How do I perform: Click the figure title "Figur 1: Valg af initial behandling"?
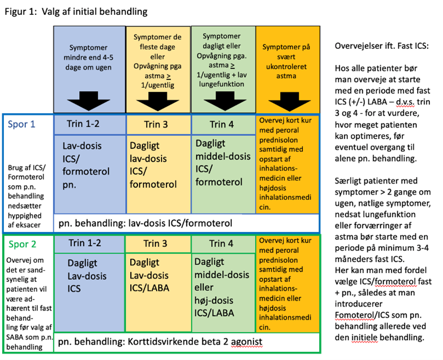coord(76,12)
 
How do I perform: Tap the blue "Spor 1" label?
coord(21,124)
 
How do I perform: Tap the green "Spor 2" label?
coord(23,244)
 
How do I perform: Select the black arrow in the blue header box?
coord(88,101)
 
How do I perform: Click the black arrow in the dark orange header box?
coord(290,102)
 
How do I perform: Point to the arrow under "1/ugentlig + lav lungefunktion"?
coord(225,101)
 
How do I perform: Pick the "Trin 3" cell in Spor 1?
coord(159,125)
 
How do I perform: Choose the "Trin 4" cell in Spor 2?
coord(224,244)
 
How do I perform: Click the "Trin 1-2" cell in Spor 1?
coord(90,124)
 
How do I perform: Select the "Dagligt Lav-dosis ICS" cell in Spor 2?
coord(90,292)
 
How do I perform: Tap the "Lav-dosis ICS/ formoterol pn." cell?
coord(90,174)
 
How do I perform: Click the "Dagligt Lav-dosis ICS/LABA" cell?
coord(158,292)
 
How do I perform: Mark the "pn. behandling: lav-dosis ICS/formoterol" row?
coord(186,223)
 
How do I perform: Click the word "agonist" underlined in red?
coord(247,342)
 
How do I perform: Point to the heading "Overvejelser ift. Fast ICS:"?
coord(381,46)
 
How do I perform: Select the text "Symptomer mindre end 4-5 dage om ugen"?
coord(88,57)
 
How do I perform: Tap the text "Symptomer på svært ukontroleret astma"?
coord(286,62)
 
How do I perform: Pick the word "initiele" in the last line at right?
coord(364,337)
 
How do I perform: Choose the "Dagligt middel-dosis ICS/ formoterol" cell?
coord(224,174)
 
